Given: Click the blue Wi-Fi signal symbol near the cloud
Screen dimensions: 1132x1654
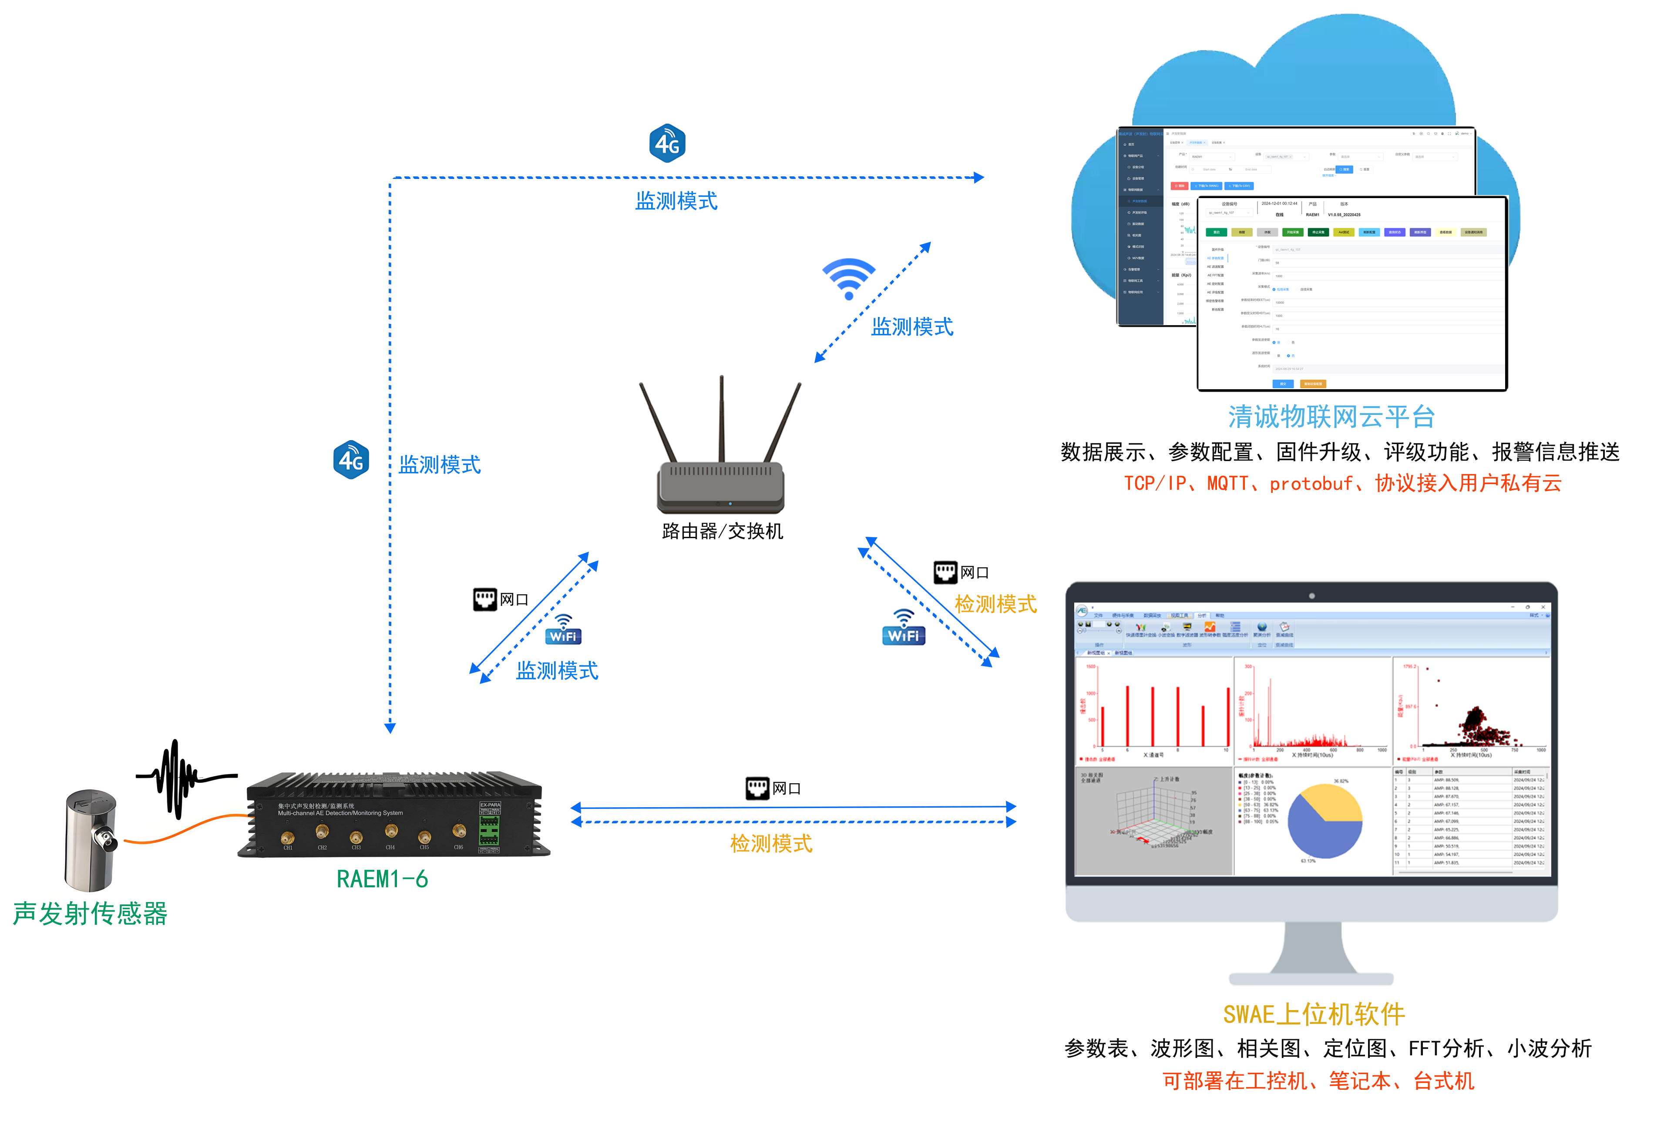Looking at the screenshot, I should coord(848,278).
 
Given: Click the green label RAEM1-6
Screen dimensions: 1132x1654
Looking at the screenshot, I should coord(382,879).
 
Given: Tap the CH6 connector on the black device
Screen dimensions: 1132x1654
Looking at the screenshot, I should coord(459,831).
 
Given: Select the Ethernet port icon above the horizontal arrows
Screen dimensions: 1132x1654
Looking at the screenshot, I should coord(757,788).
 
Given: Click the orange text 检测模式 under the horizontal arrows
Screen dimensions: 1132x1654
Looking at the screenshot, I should coord(771,844).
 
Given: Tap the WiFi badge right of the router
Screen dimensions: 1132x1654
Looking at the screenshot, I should coord(903,630).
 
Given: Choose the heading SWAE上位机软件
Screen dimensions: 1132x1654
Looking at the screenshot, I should coord(1314,1014).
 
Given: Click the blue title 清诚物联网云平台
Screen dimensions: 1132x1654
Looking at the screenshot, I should coord(1331,417).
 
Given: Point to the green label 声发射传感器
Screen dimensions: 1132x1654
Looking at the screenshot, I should coord(91,913).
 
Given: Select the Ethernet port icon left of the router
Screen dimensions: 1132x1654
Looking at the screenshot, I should coord(485,600).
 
